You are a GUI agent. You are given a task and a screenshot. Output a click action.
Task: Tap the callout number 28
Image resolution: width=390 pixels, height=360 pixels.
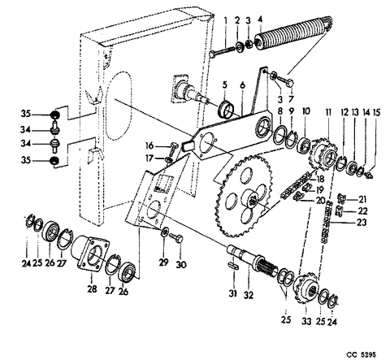pyautogui.click(x=92, y=289)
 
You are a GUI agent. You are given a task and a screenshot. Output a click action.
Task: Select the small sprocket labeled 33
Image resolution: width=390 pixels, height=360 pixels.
pyautogui.click(x=307, y=289)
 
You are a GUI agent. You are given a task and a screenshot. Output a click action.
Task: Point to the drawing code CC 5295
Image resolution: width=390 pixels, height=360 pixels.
pyautogui.click(x=362, y=354)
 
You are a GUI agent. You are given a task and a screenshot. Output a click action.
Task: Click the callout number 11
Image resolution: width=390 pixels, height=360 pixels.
pyautogui.click(x=328, y=112)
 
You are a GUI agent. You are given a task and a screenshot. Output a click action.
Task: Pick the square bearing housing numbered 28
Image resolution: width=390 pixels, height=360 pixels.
pyautogui.click(x=90, y=254)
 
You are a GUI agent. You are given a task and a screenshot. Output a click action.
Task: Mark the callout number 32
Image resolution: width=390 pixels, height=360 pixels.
pyautogui.click(x=248, y=295)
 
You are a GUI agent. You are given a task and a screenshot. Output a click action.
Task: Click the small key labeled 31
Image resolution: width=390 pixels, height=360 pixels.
pyautogui.click(x=233, y=265)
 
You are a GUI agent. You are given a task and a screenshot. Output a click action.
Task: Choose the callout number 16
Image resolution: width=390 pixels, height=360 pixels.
pyautogui.click(x=149, y=145)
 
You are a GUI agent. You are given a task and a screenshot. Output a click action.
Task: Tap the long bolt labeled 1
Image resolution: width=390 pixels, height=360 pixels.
pyautogui.click(x=222, y=51)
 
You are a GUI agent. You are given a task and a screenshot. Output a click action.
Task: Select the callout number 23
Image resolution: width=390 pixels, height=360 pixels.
pyautogui.click(x=362, y=223)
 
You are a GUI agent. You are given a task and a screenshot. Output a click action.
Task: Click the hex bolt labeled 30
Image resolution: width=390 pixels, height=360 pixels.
pyautogui.click(x=176, y=239)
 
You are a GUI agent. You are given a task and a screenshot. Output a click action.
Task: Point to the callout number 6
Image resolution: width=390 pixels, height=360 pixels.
pyautogui.click(x=242, y=85)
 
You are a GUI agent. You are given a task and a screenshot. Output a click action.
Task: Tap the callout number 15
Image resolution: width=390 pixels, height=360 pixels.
pyautogui.click(x=376, y=112)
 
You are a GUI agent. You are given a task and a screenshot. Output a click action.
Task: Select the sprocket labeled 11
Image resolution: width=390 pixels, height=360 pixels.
pyautogui.click(x=324, y=154)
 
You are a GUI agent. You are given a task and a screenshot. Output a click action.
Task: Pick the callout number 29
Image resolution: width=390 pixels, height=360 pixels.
pyautogui.click(x=163, y=262)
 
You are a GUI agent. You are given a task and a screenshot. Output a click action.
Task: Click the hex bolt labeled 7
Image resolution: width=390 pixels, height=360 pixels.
pyautogui.click(x=285, y=80)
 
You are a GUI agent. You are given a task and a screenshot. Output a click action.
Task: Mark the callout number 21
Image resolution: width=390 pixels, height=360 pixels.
pyautogui.click(x=362, y=200)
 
